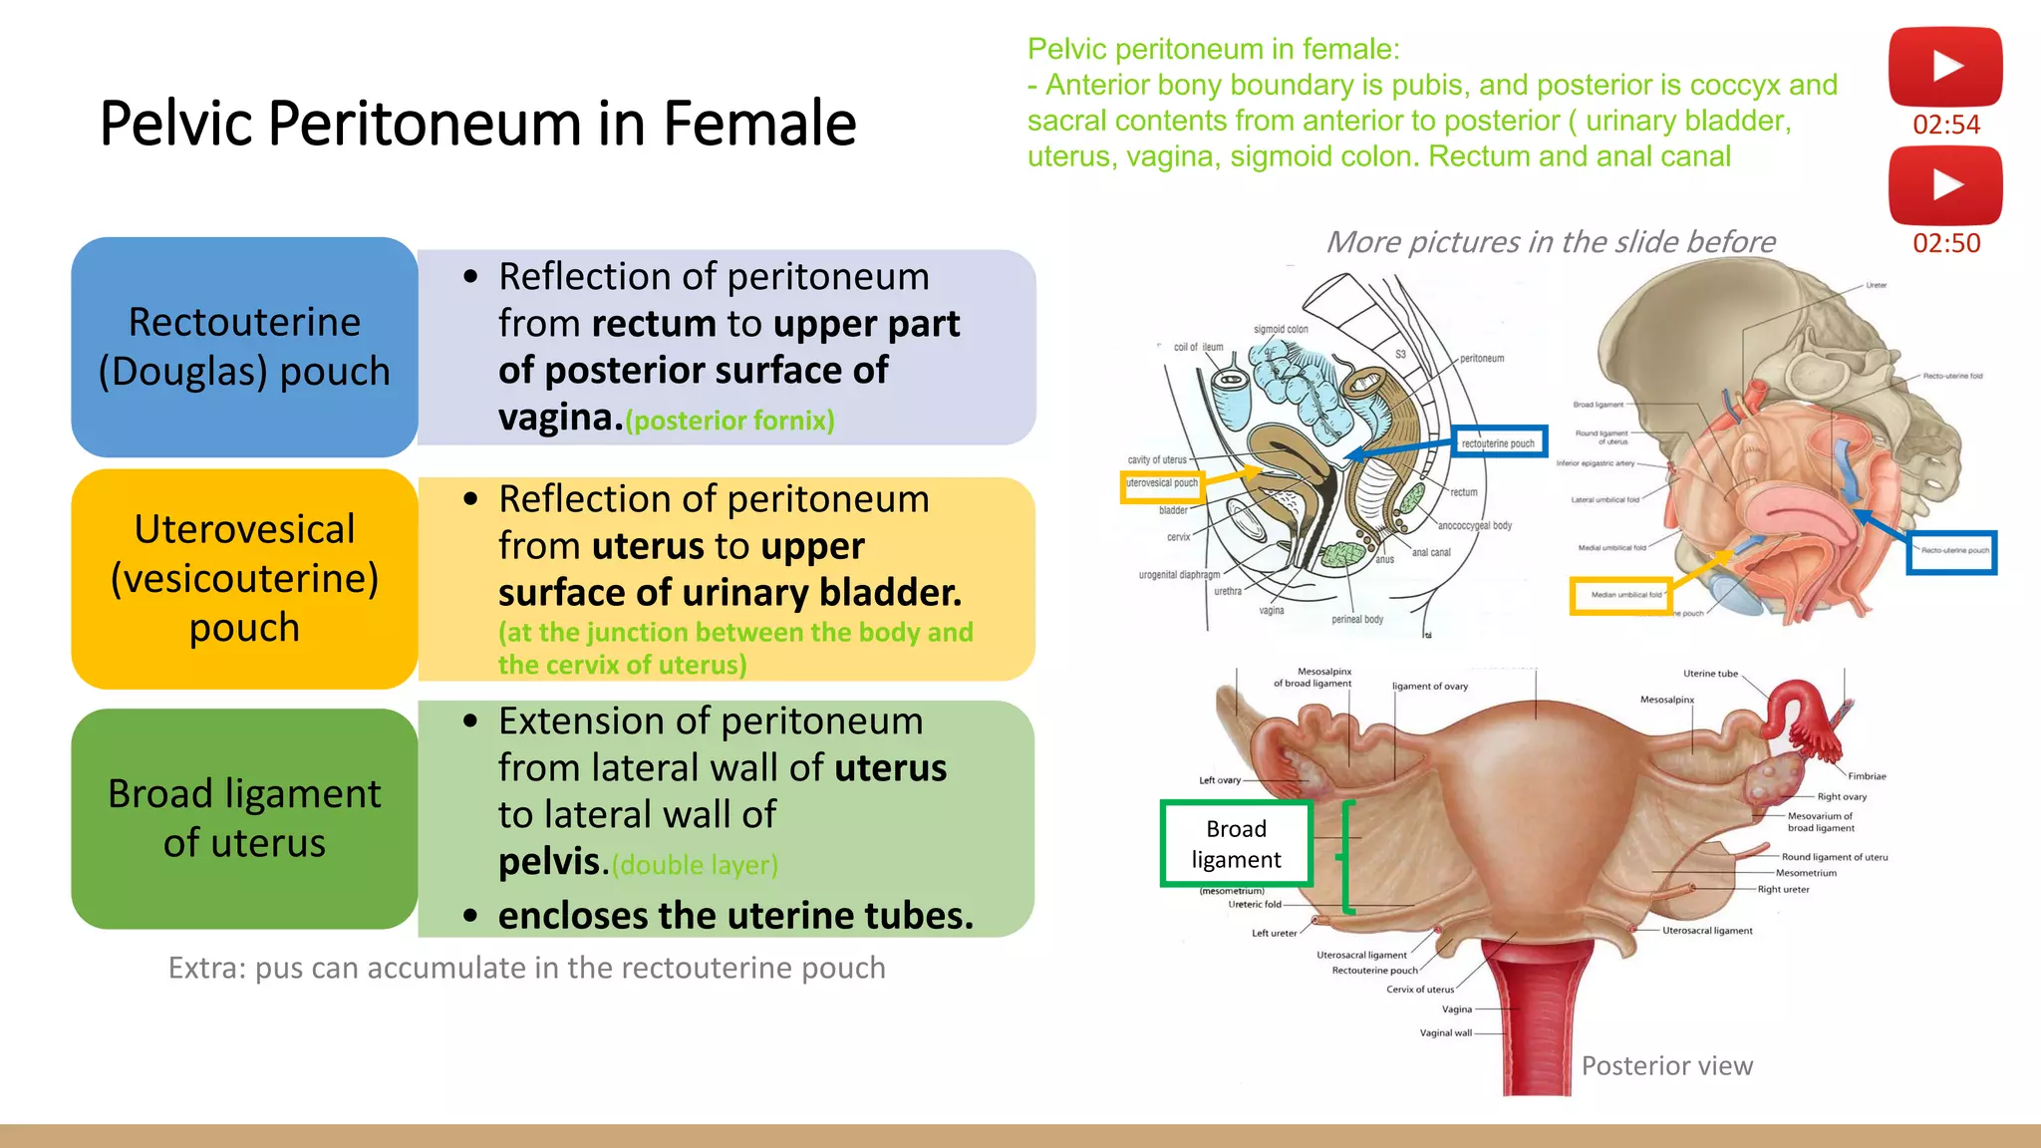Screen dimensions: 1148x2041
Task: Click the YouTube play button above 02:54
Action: click(x=1945, y=67)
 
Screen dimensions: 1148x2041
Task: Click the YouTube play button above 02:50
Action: click(x=1945, y=185)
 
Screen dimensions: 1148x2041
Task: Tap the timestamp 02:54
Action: click(x=1946, y=125)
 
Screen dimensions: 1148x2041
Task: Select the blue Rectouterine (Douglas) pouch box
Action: click(x=244, y=347)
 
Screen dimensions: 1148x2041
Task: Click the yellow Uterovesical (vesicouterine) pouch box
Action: click(x=244, y=579)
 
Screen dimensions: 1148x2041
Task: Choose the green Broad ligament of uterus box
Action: click(x=244, y=818)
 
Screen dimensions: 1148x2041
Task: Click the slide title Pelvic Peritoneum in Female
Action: click(x=477, y=124)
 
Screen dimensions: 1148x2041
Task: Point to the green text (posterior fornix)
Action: click(x=730, y=421)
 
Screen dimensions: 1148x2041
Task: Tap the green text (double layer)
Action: click(x=695, y=865)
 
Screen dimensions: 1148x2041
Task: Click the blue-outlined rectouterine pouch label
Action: click(x=1498, y=442)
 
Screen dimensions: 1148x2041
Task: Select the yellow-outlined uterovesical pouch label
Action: click(x=1162, y=484)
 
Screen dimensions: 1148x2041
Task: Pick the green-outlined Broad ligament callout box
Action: click(x=1236, y=844)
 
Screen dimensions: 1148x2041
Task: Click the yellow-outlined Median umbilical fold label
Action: click(x=1621, y=595)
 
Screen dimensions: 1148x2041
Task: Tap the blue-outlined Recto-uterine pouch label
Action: click(x=1951, y=551)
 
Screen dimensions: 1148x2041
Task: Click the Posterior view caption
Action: click(x=1666, y=1066)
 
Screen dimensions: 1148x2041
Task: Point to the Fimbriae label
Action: click(x=1867, y=776)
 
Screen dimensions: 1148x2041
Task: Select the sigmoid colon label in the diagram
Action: click(x=1281, y=329)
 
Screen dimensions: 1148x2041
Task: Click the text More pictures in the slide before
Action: click(x=1550, y=242)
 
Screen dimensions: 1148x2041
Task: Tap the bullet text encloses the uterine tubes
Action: click(x=735, y=915)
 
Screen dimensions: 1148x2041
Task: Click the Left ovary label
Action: click(x=1220, y=780)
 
